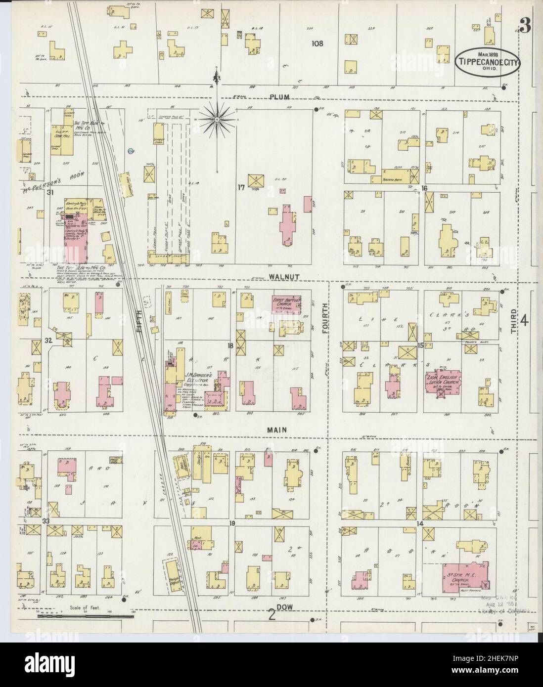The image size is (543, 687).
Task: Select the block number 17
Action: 241,187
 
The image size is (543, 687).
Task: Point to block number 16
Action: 424,188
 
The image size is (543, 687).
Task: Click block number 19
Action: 231,523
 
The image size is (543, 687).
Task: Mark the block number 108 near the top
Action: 317,43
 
